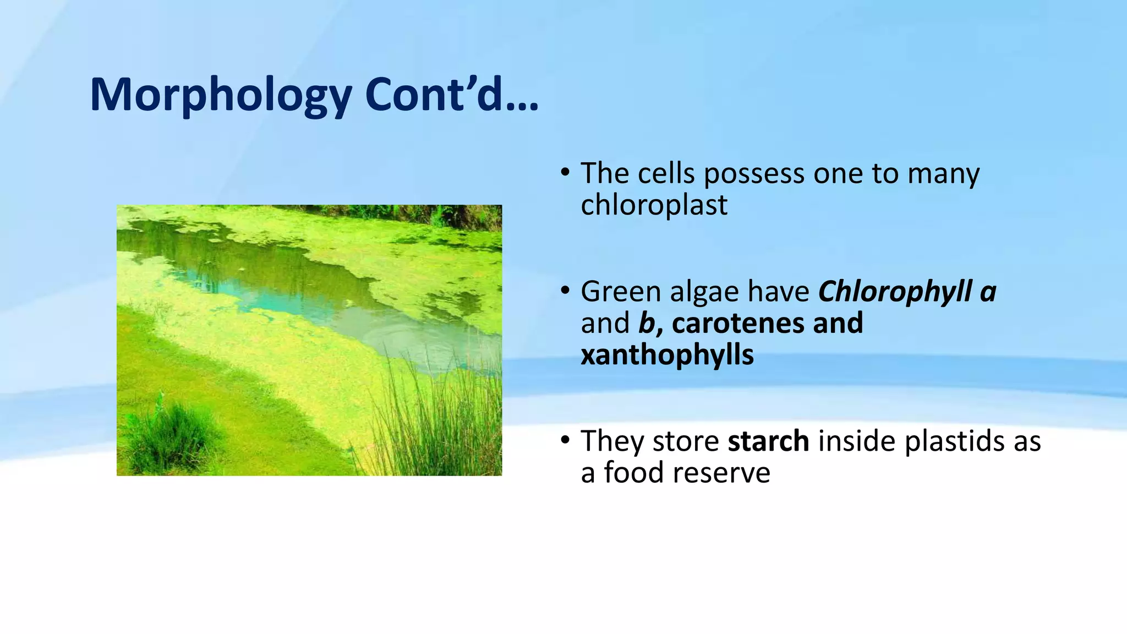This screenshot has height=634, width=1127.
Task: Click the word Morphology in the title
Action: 220,95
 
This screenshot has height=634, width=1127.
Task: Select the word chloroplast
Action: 654,205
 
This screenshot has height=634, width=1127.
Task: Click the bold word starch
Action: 768,441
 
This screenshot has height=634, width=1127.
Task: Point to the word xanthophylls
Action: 667,355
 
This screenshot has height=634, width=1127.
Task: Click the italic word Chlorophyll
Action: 895,292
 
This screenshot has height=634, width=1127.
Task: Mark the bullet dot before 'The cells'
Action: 565,173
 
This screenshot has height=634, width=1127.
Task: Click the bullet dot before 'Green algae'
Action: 565,292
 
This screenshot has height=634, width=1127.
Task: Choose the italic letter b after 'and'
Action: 645,323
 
